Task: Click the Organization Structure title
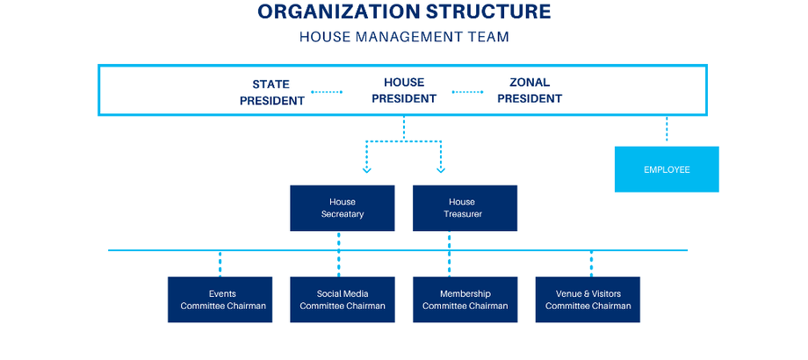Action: [x=404, y=12]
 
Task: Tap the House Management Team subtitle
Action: [x=404, y=37]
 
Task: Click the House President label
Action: [x=404, y=90]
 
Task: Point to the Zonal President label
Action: [x=530, y=90]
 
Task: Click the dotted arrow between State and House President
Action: [x=327, y=90]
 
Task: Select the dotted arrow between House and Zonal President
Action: [x=468, y=90]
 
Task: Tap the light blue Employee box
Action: [x=667, y=169]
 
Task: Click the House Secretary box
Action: [x=343, y=208]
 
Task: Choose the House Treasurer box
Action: [x=465, y=208]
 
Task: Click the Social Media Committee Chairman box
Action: [x=343, y=299]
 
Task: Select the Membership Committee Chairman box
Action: [x=465, y=299]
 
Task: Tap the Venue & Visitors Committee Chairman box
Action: [x=588, y=299]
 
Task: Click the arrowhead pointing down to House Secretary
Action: [x=367, y=169]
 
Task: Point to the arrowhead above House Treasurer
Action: [x=441, y=169]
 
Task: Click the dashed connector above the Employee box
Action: [x=667, y=130]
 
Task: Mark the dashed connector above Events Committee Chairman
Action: [x=220, y=263]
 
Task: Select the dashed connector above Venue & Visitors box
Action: [x=591, y=263]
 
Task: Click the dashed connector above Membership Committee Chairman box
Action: [x=449, y=263]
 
